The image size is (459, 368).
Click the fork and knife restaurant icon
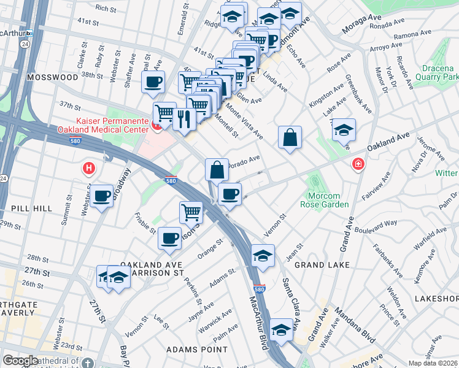(184, 118)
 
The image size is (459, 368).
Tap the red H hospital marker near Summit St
(90, 167)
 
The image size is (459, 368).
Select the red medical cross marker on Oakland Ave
(357, 164)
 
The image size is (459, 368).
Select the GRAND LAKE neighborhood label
(322, 265)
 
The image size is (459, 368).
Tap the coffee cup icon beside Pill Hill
(102, 196)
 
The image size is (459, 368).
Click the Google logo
(20, 361)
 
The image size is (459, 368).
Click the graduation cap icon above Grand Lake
(262, 256)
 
